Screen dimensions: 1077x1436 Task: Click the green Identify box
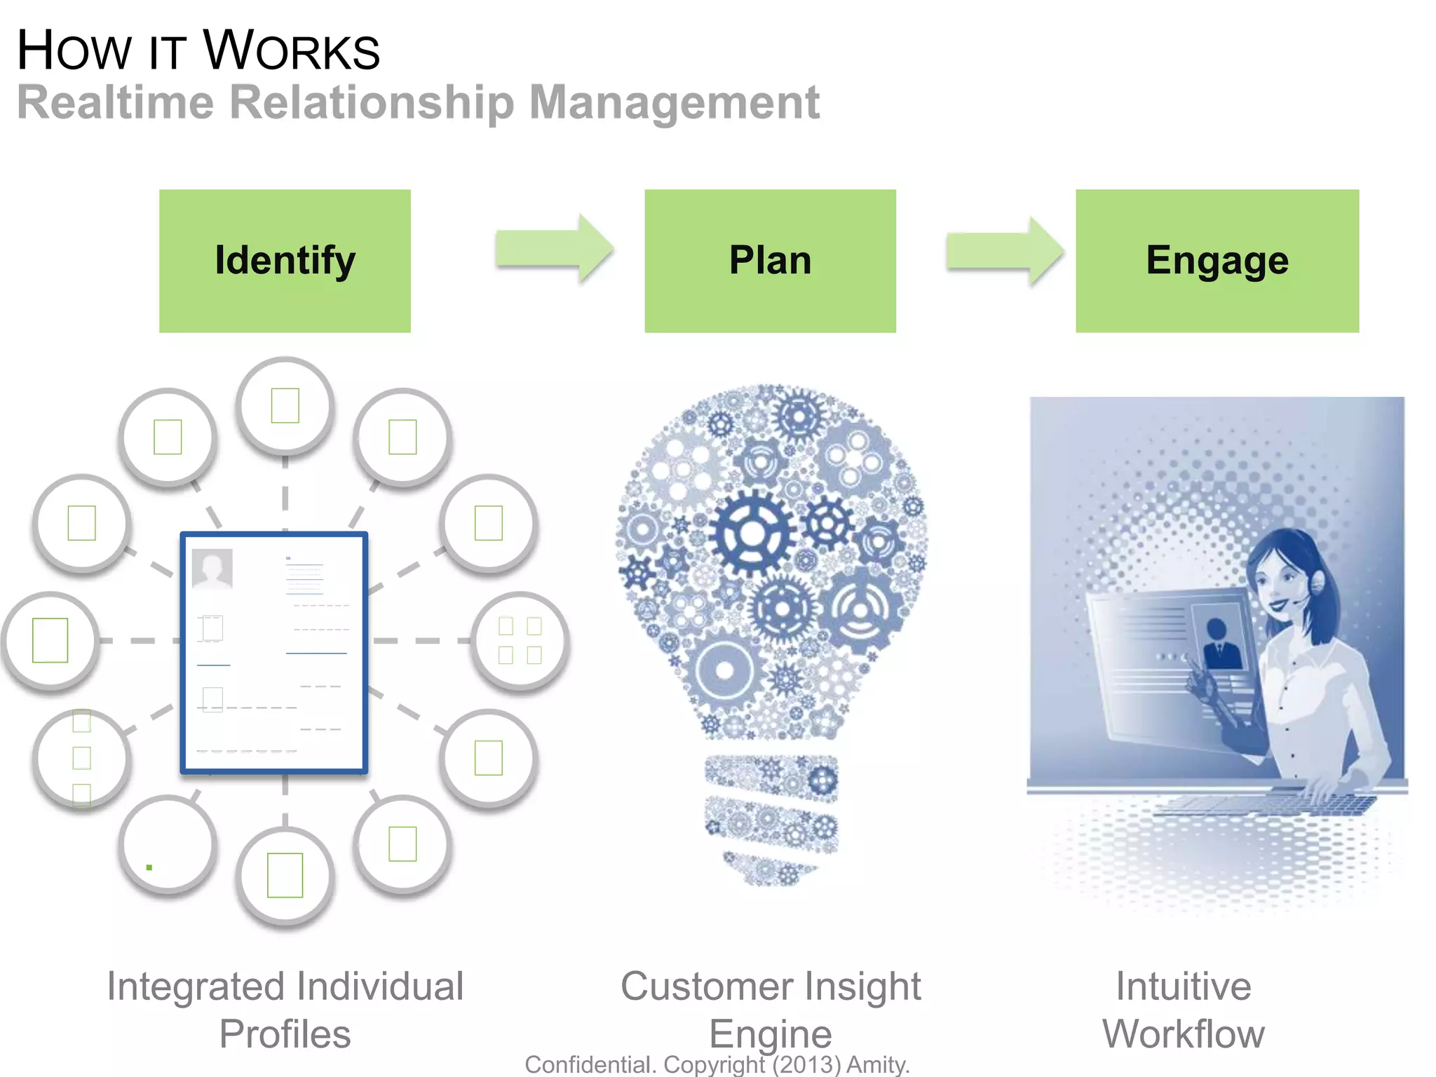point(285,261)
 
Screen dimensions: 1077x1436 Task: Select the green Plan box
point(770,261)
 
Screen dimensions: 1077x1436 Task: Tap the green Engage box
point(1217,261)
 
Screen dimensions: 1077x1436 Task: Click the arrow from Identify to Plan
point(554,250)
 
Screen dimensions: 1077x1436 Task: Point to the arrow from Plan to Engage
point(1004,251)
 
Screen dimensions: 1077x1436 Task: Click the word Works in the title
point(291,51)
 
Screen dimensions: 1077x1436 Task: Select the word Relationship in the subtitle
point(372,103)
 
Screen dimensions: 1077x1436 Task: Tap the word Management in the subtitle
point(673,103)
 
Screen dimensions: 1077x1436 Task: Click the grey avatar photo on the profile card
point(212,569)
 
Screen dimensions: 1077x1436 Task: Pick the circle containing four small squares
point(520,640)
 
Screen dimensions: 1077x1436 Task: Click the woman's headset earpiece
point(1318,581)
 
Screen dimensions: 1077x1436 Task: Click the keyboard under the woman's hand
point(1262,804)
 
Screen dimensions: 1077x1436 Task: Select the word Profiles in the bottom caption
point(285,1034)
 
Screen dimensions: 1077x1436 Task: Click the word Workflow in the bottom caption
point(1184,1034)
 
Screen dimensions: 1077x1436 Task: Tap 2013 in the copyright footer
point(806,1064)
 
